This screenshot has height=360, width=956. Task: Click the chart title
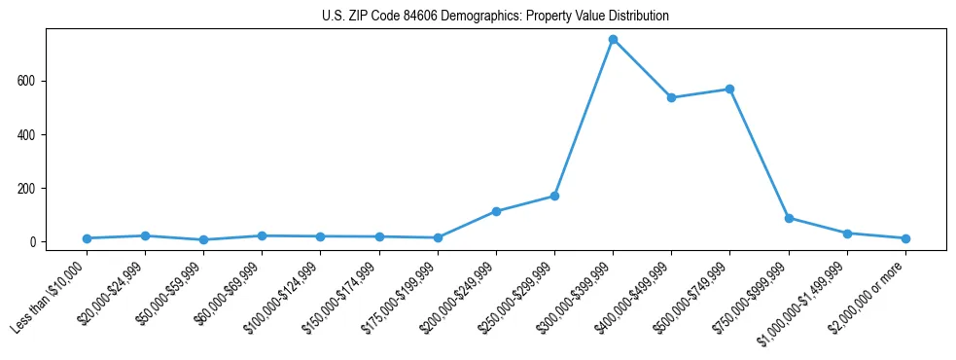click(x=495, y=17)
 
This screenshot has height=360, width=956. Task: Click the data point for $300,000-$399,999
click(x=613, y=40)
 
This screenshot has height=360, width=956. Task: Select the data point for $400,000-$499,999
click(x=671, y=98)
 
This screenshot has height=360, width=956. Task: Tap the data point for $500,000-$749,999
click(x=729, y=90)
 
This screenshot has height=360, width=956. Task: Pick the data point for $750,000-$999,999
click(x=789, y=218)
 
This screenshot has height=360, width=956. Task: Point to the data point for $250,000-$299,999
click(x=554, y=196)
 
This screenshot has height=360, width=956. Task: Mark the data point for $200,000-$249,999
click(x=496, y=211)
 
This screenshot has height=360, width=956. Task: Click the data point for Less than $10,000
click(x=87, y=238)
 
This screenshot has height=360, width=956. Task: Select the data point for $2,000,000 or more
click(x=905, y=238)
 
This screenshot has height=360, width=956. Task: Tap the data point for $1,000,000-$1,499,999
click(x=847, y=234)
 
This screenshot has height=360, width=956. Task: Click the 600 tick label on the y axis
click(x=27, y=81)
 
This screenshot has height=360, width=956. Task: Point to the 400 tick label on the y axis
click(x=27, y=134)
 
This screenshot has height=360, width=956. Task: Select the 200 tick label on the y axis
click(x=27, y=188)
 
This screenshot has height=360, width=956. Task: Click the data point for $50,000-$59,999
click(x=203, y=239)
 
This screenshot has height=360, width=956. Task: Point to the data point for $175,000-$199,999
click(x=438, y=237)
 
